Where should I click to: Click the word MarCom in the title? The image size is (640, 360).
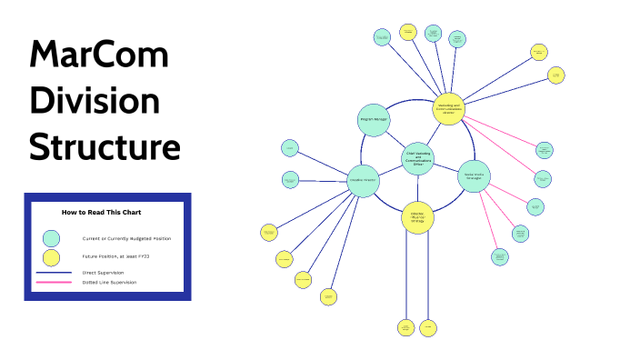click(x=98, y=56)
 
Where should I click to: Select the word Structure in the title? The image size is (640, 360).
click(x=105, y=145)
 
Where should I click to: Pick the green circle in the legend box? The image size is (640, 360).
click(x=53, y=238)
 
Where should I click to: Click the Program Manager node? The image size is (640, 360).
click(x=368, y=120)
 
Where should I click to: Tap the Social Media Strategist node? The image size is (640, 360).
click(x=474, y=175)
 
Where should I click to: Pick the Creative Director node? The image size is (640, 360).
click(x=363, y=179)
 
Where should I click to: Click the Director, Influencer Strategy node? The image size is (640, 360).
click(x=417, y=217)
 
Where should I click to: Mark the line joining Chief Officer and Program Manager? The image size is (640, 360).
click(x=393, y=138)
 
